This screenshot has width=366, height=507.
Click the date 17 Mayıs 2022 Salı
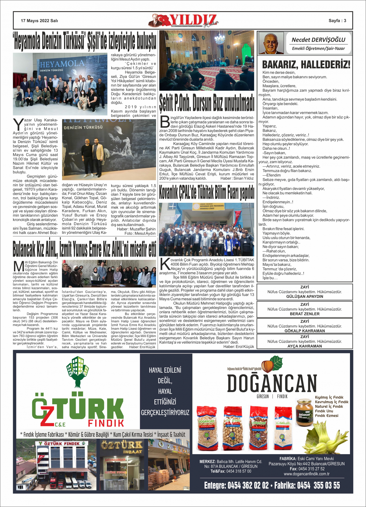click(39, 21)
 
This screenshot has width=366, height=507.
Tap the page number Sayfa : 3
click(337, 21)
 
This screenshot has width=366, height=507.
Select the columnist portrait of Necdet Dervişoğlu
click(271, 43)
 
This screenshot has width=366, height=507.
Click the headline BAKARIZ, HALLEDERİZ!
click(306, 65)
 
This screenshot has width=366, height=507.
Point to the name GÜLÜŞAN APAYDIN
click(304, 296)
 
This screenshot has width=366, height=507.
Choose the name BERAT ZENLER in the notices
click(304, 314)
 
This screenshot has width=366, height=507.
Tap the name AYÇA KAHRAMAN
click(304, 346)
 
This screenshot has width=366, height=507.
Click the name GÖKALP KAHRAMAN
click(304, 331)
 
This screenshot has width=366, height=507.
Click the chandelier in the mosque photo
click(219, 39)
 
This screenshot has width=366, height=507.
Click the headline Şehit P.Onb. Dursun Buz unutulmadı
click(207, 102)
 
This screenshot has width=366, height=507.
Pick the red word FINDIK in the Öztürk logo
click(106, 423)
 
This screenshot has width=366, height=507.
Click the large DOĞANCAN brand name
click(272, 383)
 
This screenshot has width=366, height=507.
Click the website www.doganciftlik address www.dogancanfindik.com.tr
click(307, 474)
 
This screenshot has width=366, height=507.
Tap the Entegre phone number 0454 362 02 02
click(236, 485)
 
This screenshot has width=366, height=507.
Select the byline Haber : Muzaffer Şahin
click(136, 229)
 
